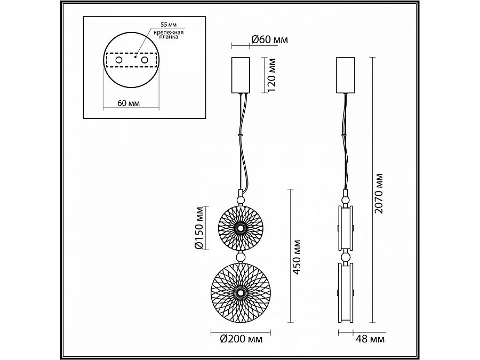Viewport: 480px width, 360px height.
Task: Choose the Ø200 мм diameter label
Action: [240, 338]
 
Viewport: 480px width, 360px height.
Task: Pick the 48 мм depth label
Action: [370, 339]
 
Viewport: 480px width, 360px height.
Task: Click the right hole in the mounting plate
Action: [143, 61]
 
